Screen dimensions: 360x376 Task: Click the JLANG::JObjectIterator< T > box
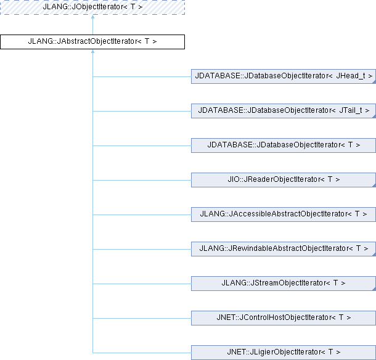pos(92,7)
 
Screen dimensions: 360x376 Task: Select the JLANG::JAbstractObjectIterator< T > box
pos(92,42)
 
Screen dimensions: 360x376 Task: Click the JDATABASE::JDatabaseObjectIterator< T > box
pos(283,145)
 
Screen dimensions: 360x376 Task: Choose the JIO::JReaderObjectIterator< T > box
pos(283,180)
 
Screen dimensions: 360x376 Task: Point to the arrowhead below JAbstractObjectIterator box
pos(92,54)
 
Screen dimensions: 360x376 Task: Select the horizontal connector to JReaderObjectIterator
pos(142,180)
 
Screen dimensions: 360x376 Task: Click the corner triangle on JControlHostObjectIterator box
pos(373,323)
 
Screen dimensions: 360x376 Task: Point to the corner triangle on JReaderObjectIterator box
pos(373,185)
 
